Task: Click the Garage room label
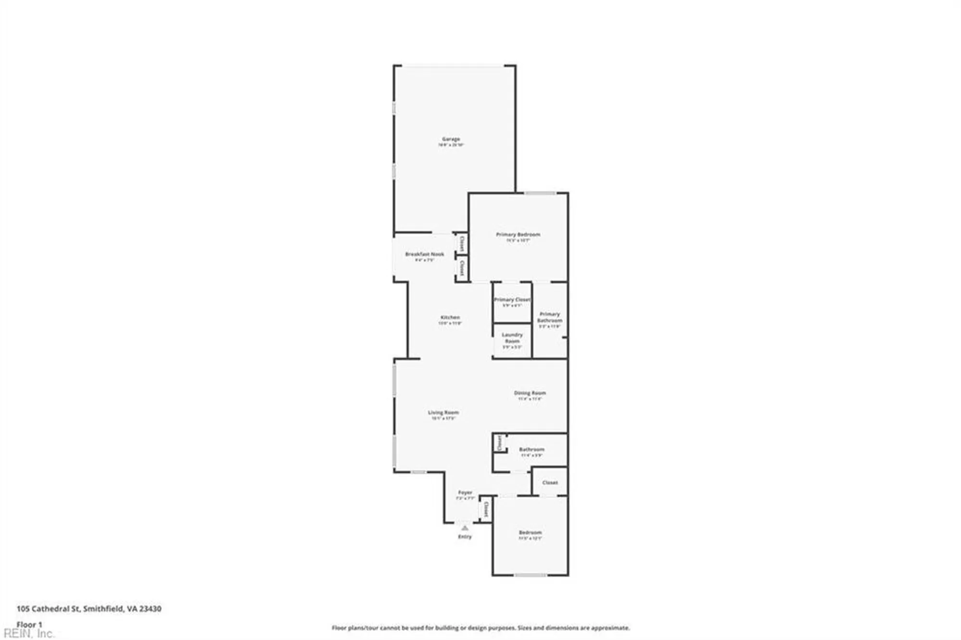pyautogui.click(x=451, y=139)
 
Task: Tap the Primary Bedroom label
pyautogui.click(x=518, y=234)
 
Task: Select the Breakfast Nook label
pyautogui.click(x=424, y=254)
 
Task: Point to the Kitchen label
pyautogui.click(x=450, y=318)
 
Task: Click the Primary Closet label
pyautogui.click(x=512, y=300)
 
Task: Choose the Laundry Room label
pyautogui.click(x=512, y=338)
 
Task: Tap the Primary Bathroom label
pyautogui.click(x=550, y=317)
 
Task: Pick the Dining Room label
pyautogui.click(x=530, y=393)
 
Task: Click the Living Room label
pyautogui.click(x=443, y=412)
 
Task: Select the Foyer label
pyautogui.click(x=465, y=492)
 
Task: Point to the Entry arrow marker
pyautogui.click(x=465, y=528)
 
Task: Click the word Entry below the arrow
pyautogui.click(x=465, y=537)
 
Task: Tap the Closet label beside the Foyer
pyautogui.click(x=486, y=509)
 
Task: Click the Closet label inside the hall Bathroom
pyautogui.click(x=500, y=443)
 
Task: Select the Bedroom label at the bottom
pyautogui.click(x=530, y=532)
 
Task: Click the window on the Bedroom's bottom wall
pyautogui.click(x=530, y=575)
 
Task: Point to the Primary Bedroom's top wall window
pyautogui.click(x=540, y=193)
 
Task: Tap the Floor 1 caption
pyautogui.click(x=29, y=625)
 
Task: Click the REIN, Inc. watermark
pyautogui.click(x=29, y=634)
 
